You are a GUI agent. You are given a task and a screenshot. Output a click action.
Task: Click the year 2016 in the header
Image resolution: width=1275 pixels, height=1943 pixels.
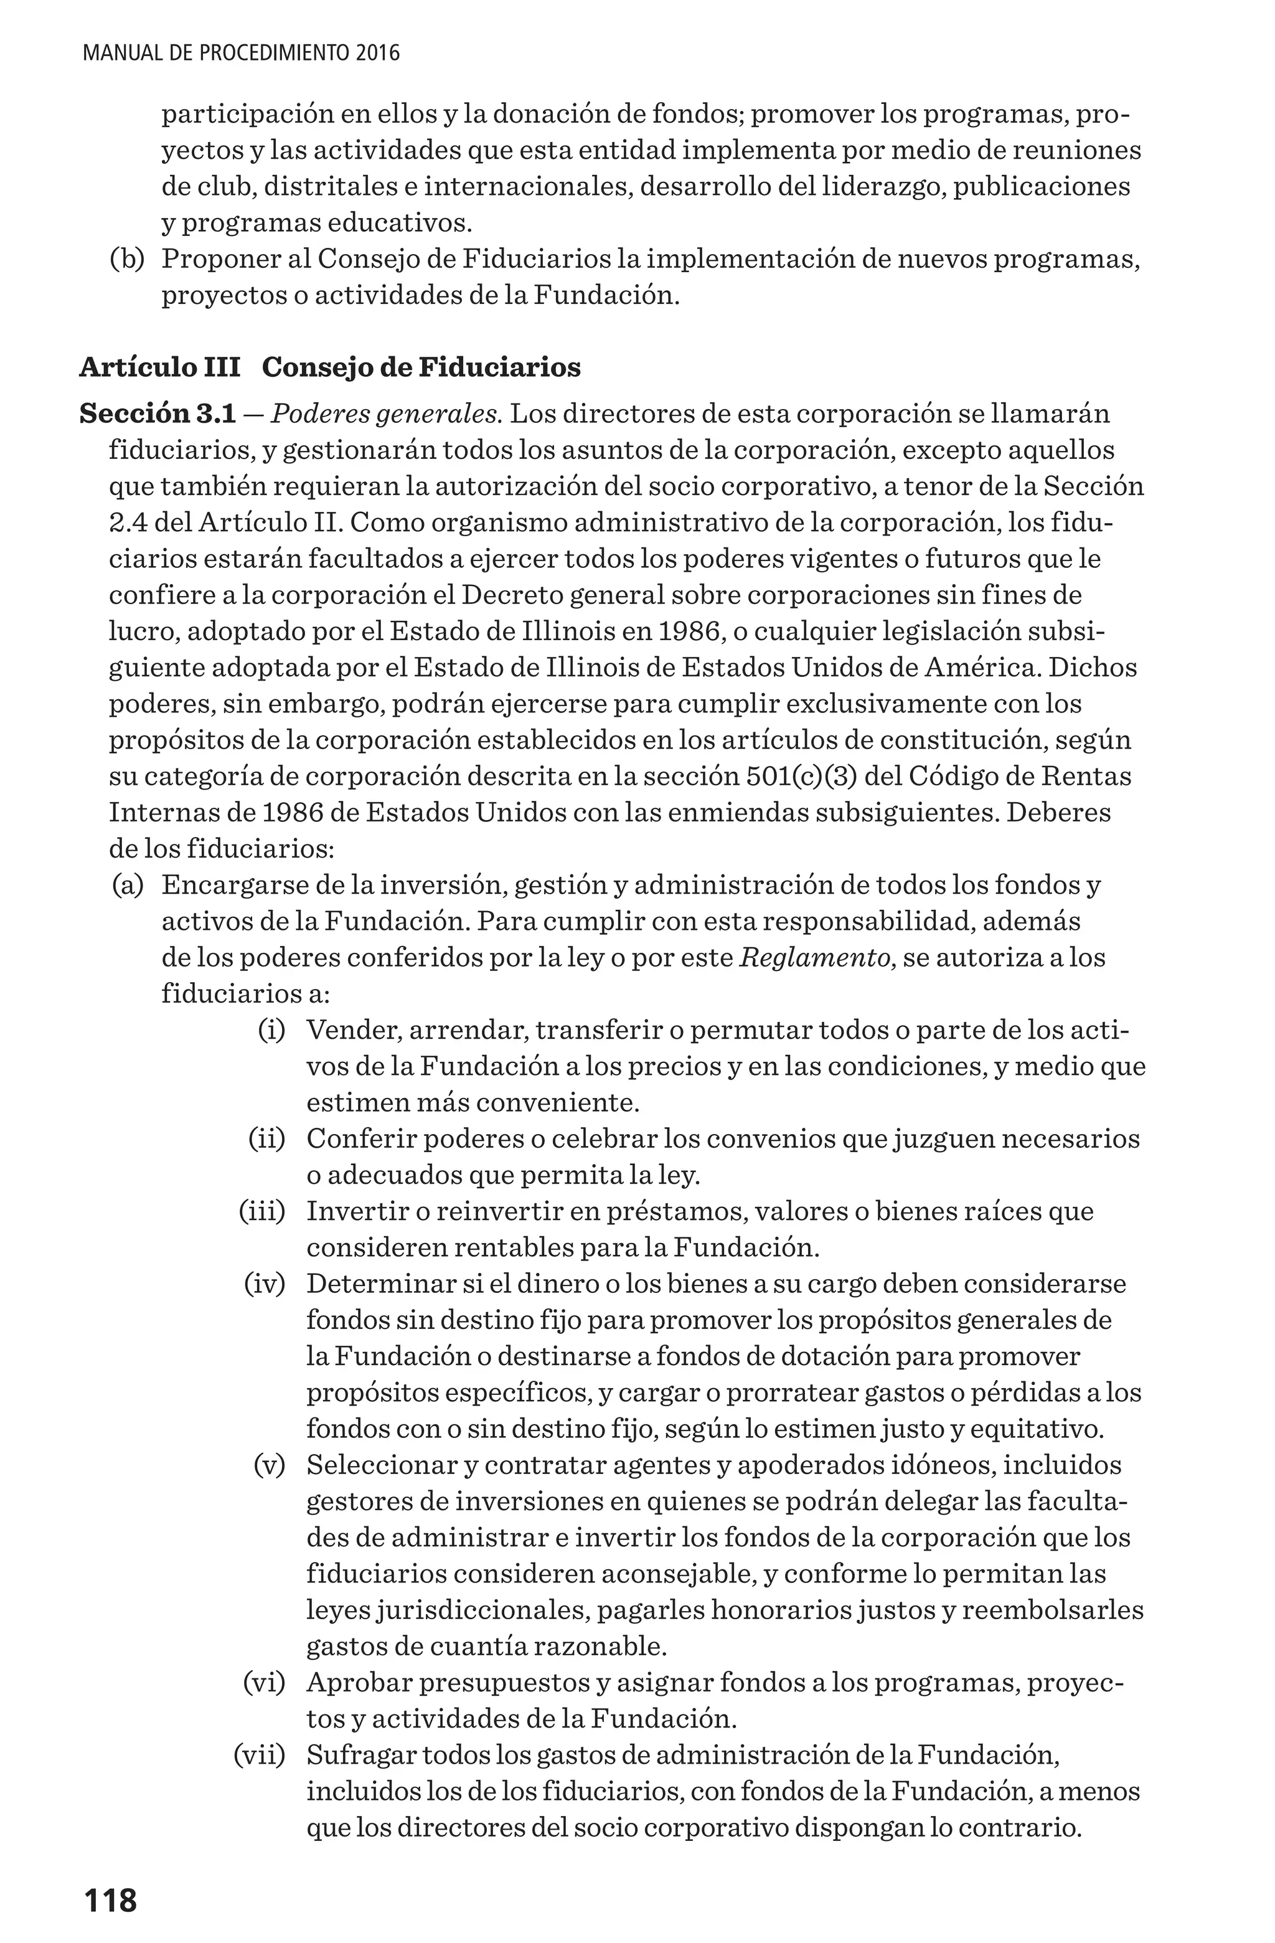(377, 54)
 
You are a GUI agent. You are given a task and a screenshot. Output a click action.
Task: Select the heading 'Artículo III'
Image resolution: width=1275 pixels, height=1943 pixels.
(160, 367)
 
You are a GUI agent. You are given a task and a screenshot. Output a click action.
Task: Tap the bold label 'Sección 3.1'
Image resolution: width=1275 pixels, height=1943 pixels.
(158, 414)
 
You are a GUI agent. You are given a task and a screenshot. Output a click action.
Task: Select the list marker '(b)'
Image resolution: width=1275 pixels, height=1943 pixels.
(128, 260)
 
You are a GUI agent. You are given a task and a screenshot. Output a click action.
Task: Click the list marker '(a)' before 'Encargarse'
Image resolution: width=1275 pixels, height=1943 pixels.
(128, 885)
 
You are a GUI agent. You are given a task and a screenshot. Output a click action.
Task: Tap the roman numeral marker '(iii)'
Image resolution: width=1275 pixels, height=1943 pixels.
(262, 1211)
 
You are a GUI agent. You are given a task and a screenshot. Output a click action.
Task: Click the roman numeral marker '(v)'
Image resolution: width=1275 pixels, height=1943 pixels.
(270, 1465)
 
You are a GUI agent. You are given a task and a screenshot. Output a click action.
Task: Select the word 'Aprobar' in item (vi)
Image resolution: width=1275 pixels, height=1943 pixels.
(357, 1683)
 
